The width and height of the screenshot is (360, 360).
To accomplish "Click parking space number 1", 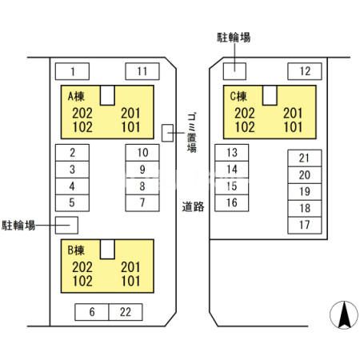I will point(72,71).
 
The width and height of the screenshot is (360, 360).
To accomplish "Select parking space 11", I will point(142,71).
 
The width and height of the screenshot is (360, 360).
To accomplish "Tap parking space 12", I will point(304,71).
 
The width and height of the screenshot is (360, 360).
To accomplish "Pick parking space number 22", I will point(125,312).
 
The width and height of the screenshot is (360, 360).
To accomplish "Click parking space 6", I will point(92,312).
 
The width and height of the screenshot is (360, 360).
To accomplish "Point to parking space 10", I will point(142,152).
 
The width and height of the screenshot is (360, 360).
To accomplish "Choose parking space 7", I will point(142,202).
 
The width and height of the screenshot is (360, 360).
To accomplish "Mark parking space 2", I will point(72,152).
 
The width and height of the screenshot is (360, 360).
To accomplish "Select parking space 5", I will point(72,202).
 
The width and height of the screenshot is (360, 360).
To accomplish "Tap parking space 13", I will point(232,152).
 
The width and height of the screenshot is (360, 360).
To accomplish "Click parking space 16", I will point(232,202).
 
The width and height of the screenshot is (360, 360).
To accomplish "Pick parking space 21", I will point(304,158).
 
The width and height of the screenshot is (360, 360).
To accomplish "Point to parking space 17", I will point(304,225).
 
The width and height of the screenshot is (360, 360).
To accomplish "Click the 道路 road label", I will point(193,206).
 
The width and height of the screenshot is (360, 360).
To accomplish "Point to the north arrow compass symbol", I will point(343,314).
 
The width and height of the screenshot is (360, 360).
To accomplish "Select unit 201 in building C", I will point(293,113).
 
